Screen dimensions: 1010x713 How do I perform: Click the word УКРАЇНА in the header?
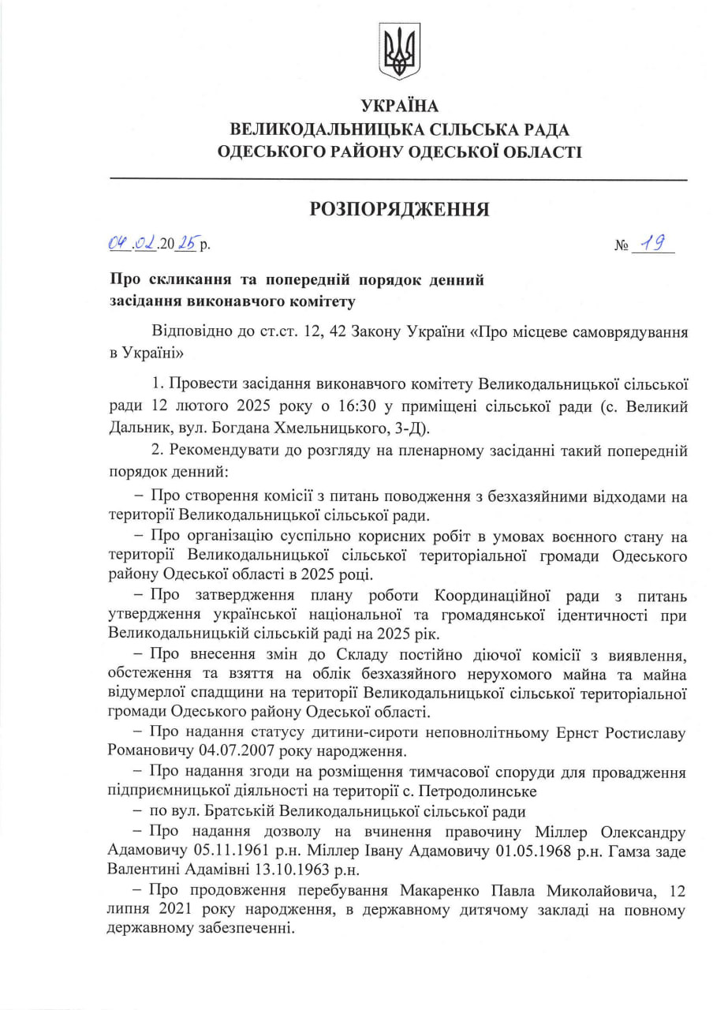point(399,107)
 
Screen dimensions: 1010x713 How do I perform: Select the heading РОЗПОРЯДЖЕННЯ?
point(399,209)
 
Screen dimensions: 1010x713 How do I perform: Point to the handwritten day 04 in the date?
point(118,245)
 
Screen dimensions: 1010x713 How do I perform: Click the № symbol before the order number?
point(621,246)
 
